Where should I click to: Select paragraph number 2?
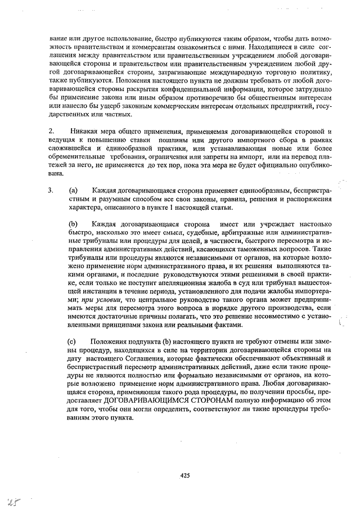(50, 131)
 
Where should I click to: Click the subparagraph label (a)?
(73, 190)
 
